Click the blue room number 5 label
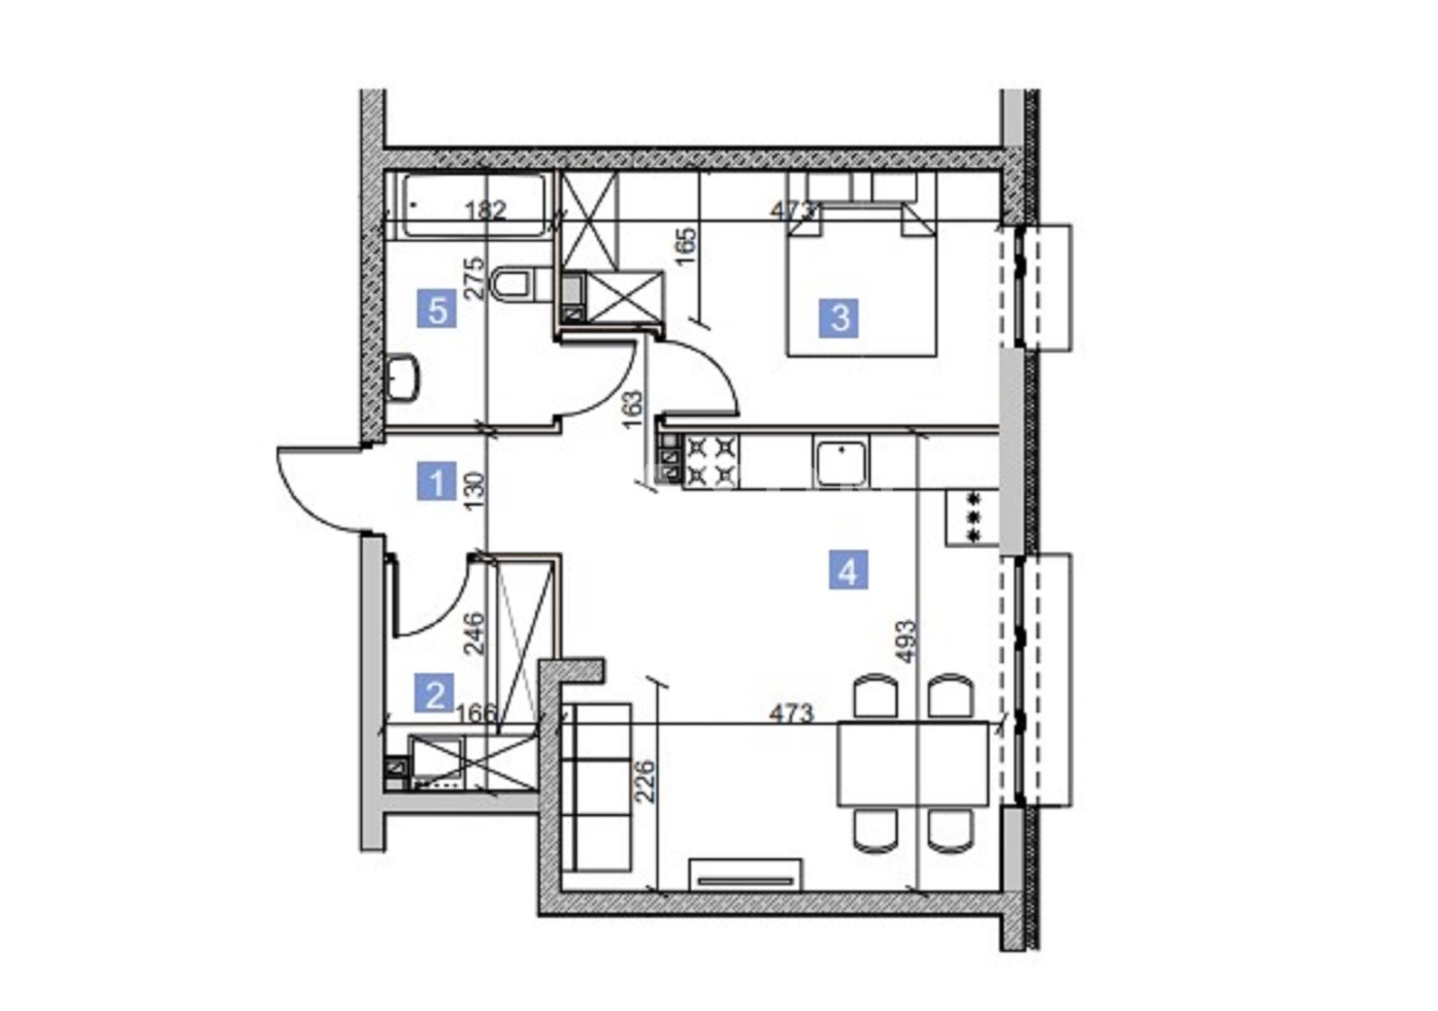pyautogui.click(x=437, y=309)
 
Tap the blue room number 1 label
pyautogui.click(x=437, y=481)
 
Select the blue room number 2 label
pyautogui.click(x=435, y=693)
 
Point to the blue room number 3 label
pyautogui.click(x=839, y=318)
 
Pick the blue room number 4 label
pyautogui.click(x=848, y=570)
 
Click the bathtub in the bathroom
pyautogui.click(x=475, y=206)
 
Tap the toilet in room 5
pyautogui.click(x=520, y=283)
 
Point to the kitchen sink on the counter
pyautogui.click(x=841, y=462)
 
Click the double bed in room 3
pyautogui.click(x=862, y=279)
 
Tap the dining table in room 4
pyautogui.click(x=913, y=764)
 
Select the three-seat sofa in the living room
pyautogui.click(x=597, y=787)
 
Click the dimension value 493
pyautogui.click(x=907, y=641)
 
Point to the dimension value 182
pyautogui.click(x=485, y=210)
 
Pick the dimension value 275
pyautogui.click(x=476, y=279)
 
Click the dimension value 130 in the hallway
pyautogui.click(x=475, y=491)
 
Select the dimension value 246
pyautogui.click(x=475, y=634)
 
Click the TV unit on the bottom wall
pyautogui.click(x=745, y=875)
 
